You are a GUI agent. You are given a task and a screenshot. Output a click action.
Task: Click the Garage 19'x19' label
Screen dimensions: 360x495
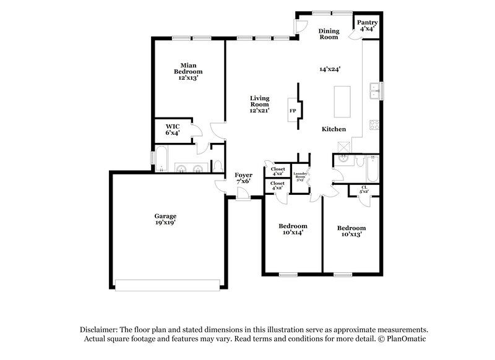165,219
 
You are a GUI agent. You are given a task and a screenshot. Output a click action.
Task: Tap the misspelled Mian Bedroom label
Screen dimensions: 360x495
188,71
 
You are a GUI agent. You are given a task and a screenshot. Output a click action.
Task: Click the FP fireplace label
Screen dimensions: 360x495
293,111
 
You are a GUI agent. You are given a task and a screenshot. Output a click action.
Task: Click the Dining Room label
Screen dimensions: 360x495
329,34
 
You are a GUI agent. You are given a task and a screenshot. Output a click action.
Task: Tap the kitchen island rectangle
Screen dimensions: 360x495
342,101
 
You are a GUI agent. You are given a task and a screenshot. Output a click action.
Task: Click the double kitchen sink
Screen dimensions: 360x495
375,92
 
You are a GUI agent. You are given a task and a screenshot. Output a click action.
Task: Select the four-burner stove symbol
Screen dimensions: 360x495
375,125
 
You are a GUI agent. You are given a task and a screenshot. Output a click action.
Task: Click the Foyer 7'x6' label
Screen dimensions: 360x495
243,178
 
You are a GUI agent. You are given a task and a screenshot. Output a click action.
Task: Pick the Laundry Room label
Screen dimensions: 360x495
301,176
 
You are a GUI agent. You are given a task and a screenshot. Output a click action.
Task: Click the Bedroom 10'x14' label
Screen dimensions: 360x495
293,229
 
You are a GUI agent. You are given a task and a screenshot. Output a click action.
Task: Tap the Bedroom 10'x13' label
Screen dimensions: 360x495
351,231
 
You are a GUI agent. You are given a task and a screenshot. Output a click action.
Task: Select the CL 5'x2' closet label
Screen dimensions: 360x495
364,190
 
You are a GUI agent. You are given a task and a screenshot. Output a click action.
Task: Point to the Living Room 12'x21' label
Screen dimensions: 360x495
259,104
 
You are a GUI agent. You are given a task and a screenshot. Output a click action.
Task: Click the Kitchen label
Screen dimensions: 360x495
334,129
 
